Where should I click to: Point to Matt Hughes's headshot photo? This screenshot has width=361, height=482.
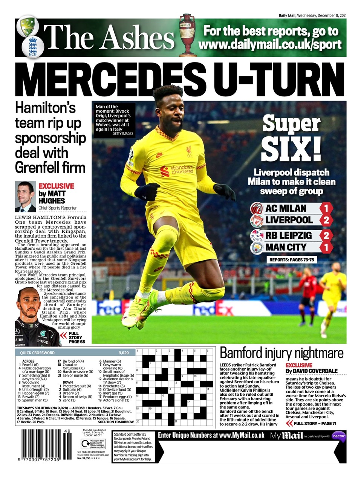pyautogui.click(x=25, y=197)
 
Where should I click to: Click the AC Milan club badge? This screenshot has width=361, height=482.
pyautogui.click(x=257, y=208)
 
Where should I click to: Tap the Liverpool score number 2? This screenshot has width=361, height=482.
pyautogui.click(x=326, y=220)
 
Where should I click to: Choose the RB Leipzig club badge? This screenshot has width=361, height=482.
pyautogui.click(x=257, y=236)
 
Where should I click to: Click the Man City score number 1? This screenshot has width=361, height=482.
pyautogui.click(x=326, y=247)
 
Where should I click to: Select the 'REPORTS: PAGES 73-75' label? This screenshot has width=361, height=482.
pyautogui.click(x=291, y=260)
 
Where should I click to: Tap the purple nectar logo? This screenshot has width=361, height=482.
pyautogui.click(x=339, y=436)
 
